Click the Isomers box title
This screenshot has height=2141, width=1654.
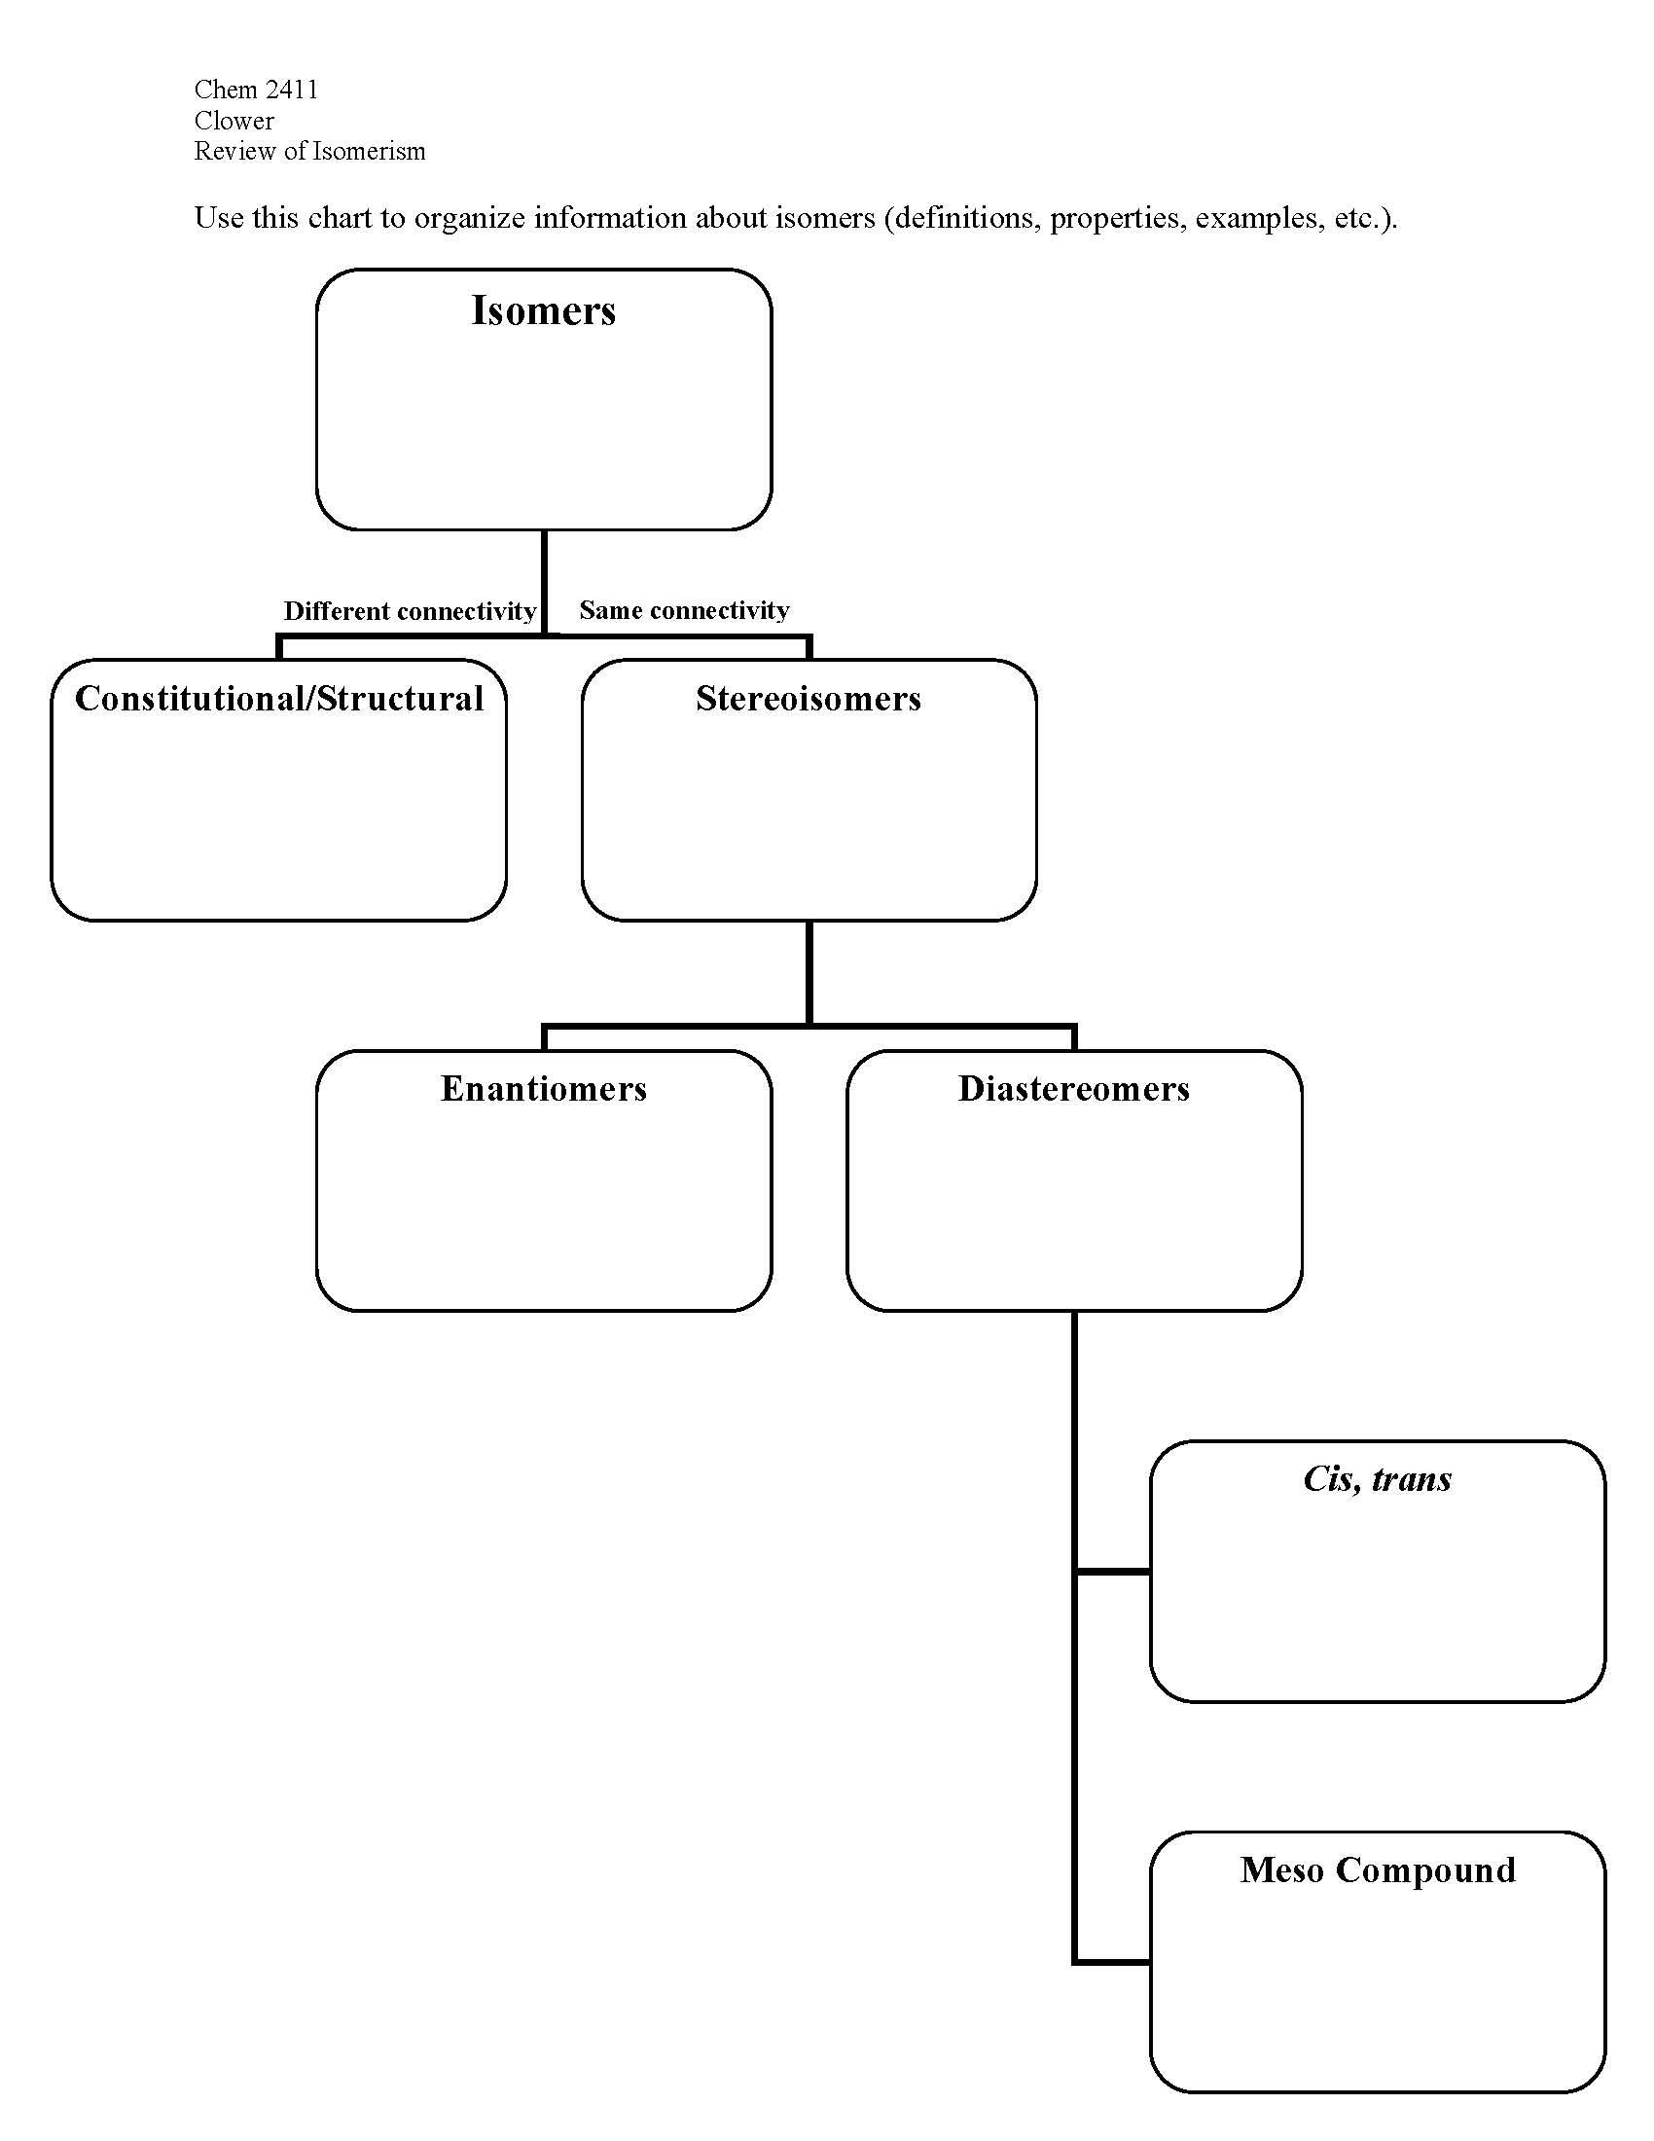tap(543, 310)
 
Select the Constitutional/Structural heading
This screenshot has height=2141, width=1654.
tap(279, 699)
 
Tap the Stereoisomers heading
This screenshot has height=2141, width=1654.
tap(809, 699)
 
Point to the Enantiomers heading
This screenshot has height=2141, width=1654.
tap(543, 1089)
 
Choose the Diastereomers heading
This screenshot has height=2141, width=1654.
tap(1074, 1089)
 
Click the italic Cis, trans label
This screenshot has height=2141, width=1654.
tap(1377, 1479)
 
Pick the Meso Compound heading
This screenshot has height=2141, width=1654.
tap(1377, 1869)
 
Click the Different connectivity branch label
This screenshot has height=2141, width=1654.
tap(410, 612)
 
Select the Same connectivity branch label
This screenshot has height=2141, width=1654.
tap(684, 611)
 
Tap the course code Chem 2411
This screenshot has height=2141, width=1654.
tap(256, 91)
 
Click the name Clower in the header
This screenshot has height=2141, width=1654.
tap(234, 121)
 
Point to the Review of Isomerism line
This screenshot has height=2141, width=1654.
tap(309, 151)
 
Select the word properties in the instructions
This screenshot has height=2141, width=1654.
tap(1115, 218)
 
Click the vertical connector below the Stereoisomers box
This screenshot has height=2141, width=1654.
tap(809, 970)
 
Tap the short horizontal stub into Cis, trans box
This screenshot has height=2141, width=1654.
tap(1113, 1572)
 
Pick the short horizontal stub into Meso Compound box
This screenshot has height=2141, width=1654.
tap(1113, 1962)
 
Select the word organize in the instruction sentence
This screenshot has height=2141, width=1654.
tap(469, 218)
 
